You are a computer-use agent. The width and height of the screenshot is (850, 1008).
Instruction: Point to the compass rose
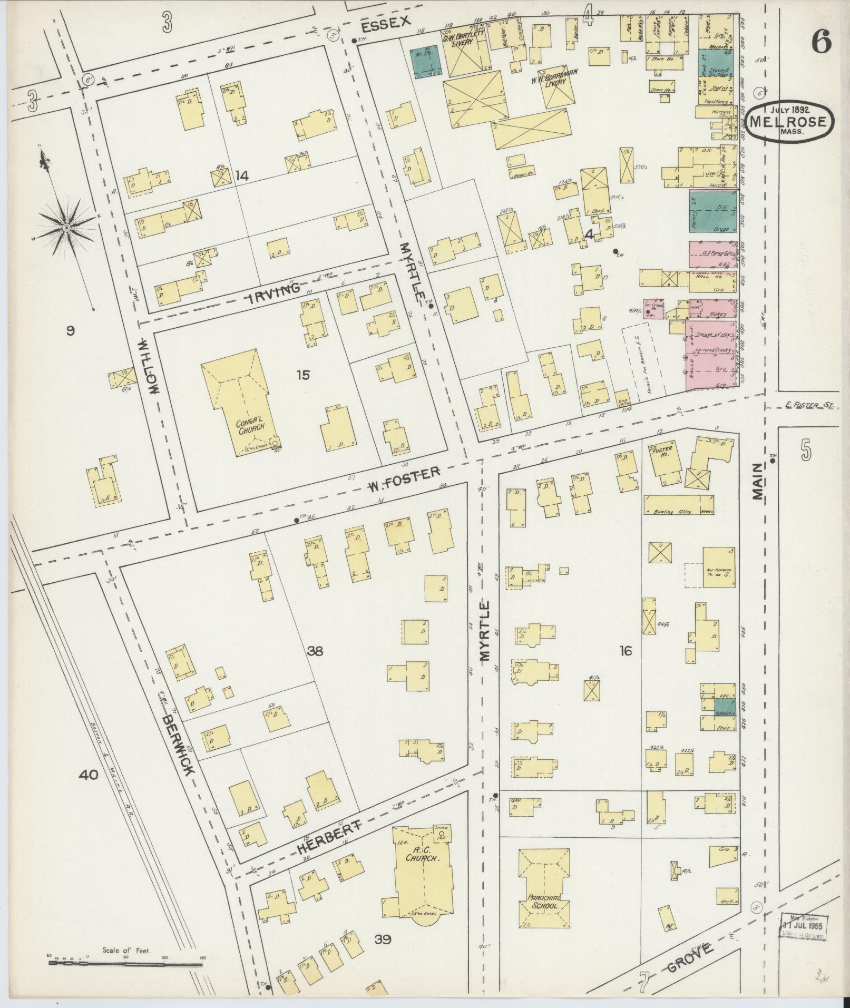click(66, 227)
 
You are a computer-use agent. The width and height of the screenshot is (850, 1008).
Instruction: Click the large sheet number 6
click(821, 41)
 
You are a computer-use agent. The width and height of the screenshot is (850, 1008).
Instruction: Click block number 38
click(315, 651)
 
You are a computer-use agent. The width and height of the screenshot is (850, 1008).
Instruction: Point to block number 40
click(89, 774)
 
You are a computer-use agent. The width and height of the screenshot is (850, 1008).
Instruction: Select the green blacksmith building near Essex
click(426, 62)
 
